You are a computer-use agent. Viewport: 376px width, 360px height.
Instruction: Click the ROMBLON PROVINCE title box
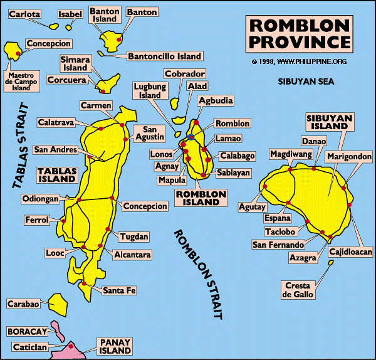point(301,34)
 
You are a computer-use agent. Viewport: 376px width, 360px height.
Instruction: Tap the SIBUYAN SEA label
point(307,82)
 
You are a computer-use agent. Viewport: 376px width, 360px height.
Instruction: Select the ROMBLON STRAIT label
point(199,273)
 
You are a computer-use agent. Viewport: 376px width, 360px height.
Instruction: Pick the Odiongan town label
point(41,199)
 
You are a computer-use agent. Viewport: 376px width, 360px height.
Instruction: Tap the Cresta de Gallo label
point(298,290)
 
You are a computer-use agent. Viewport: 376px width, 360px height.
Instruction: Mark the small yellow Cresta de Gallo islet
point(330,263)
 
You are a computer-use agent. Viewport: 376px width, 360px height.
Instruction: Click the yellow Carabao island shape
point(58,304)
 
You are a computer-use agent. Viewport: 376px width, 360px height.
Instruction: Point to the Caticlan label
point(29,347)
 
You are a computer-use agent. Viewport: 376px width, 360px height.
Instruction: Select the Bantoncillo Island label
point(165,56)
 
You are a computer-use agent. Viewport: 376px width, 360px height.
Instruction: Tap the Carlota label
point(24,14)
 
